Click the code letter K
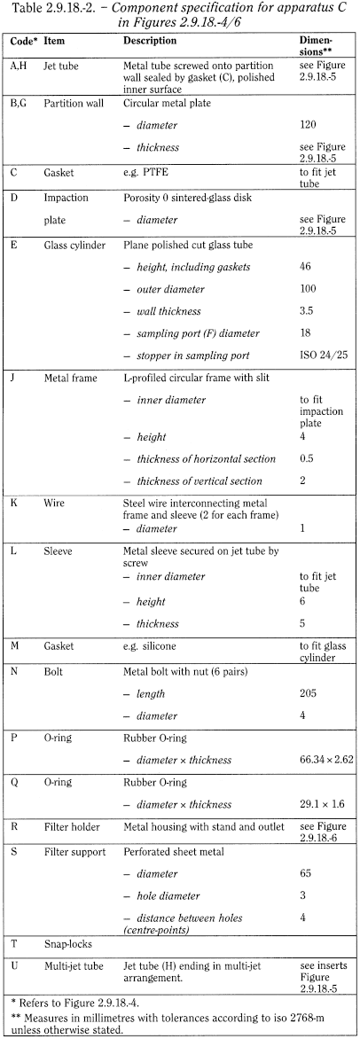pos(15,502)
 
